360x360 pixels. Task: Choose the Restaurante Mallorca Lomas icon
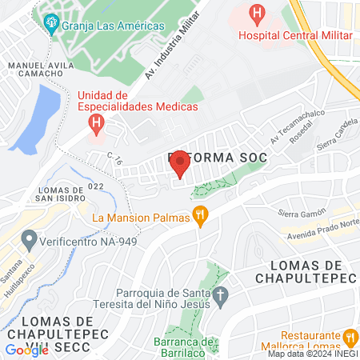(x=350, y=338)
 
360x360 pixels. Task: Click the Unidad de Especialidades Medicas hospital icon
(x=96, y=123)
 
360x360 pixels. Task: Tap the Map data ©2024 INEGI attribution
(x=312, y=354)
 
